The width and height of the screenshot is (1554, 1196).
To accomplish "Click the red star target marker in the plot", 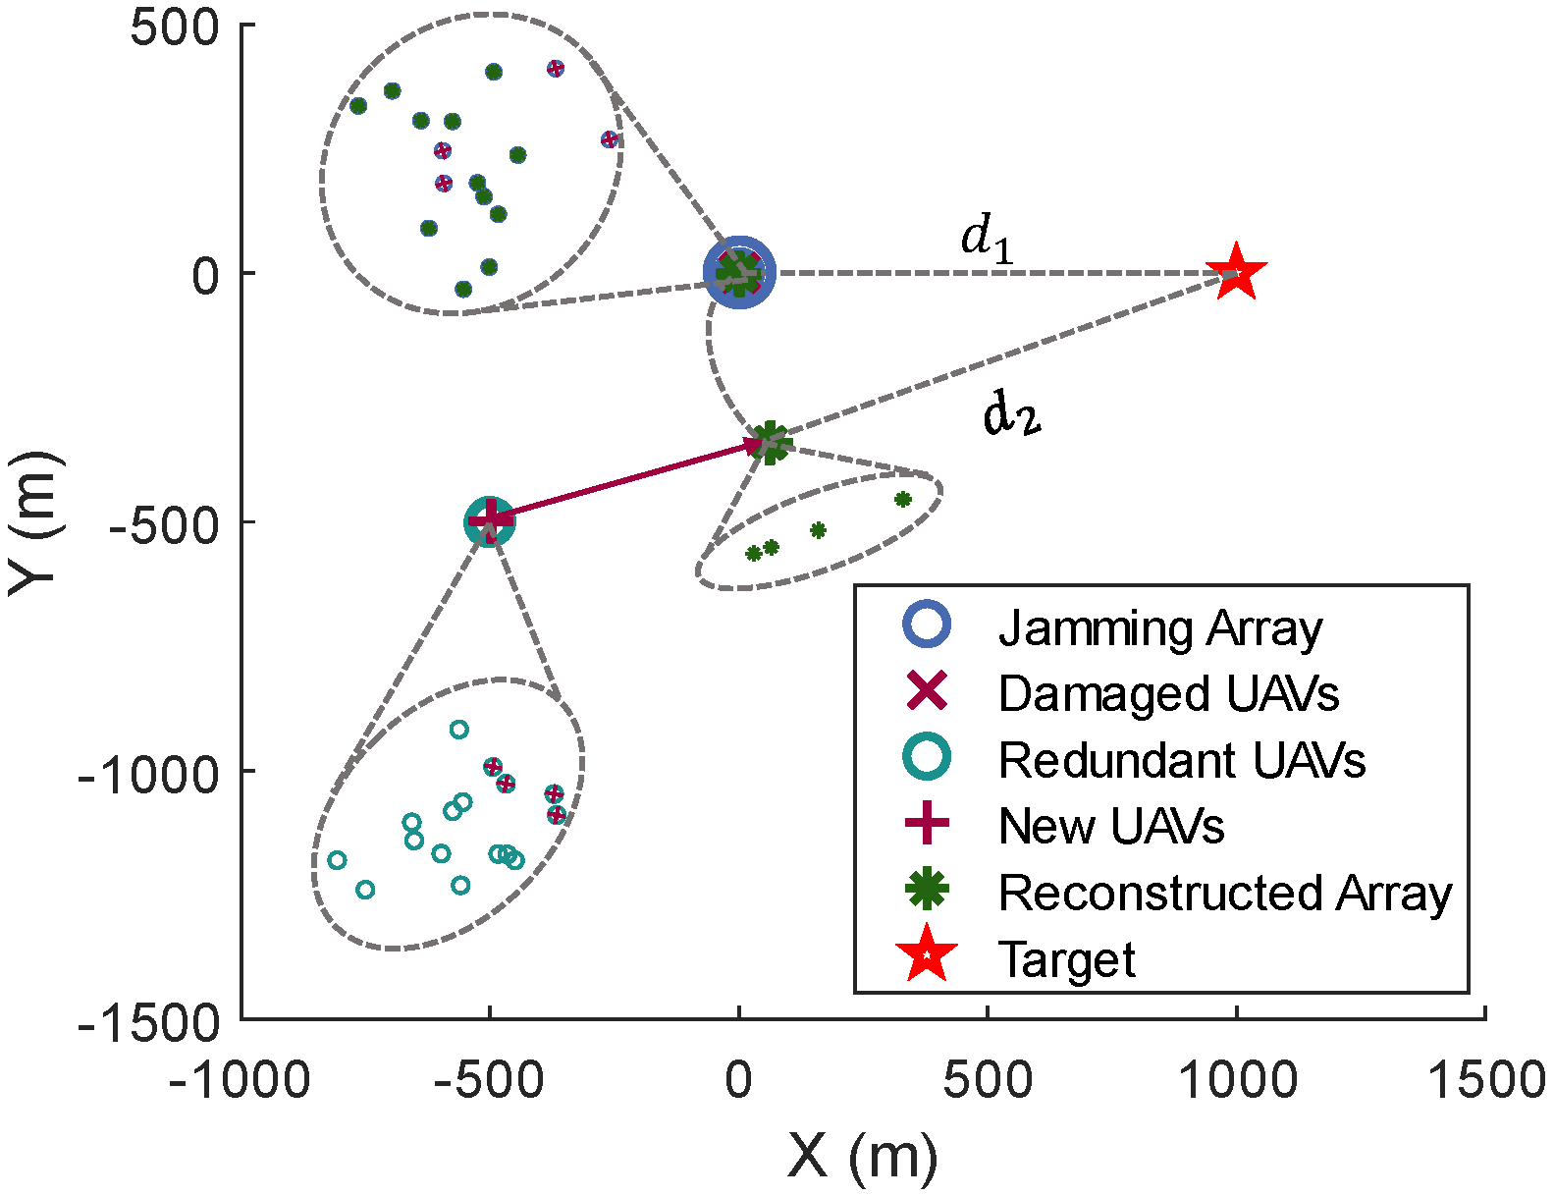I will tap(1236, 272).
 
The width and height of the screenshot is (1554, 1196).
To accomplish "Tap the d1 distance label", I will tap(986, 240).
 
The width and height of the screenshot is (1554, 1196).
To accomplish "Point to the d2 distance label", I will tap(1011, 414).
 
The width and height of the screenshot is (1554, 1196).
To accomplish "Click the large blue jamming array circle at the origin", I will tap(739, 273).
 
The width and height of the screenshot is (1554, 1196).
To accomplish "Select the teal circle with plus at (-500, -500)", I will tap(489, 521).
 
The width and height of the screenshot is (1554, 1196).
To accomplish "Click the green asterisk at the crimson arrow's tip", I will tap(771, 443).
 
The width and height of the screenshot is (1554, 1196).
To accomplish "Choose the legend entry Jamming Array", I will tap(1159, 628).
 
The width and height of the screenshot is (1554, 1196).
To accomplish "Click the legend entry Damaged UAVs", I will tap(1167, 694).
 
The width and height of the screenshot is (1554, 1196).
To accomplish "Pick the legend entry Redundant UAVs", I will tap(1181, 760).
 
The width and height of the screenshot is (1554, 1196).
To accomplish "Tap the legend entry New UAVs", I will tap(1110, 826).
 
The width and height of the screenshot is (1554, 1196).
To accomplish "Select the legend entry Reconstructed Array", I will tap(1224, 893).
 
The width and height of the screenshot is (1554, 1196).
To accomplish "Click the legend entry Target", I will tap(1066, 958).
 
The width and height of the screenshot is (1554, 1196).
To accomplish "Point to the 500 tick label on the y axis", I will tap(174, 27).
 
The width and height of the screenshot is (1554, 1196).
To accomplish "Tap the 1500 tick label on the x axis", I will tap(1485, 1081).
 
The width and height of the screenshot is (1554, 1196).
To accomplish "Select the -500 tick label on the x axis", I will tap(489, 1081).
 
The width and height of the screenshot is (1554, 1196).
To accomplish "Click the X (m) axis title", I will tap(862, 1156).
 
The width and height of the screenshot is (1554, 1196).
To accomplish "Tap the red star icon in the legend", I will tap(928, 958).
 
